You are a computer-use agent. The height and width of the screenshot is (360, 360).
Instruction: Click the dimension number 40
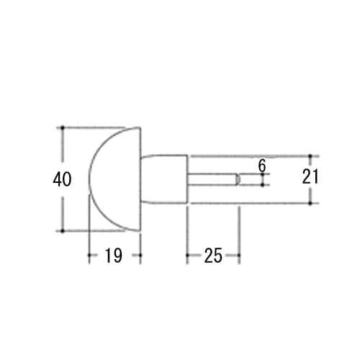[63, 179]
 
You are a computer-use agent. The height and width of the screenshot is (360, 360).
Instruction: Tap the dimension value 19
[114, 255]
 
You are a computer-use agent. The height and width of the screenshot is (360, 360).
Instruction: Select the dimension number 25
[212, 255]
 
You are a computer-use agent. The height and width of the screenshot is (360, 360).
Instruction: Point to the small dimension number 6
[262, 166]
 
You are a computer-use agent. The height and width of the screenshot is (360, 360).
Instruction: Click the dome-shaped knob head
[115, 179]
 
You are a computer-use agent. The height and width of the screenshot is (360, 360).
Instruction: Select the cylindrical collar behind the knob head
[166, 179]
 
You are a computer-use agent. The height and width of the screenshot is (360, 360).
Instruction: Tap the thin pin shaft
[212, 179]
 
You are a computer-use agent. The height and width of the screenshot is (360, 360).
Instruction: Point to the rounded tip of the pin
[238, 179]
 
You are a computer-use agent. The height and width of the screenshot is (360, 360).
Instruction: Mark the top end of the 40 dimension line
[63, 128]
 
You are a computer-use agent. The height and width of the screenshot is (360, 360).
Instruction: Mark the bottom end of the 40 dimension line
[63, 230]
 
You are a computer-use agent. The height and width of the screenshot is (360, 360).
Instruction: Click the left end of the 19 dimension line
[89, 255]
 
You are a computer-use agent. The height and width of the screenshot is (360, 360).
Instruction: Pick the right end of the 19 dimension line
[140, 255]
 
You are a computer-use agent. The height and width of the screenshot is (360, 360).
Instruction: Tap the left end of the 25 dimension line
[188, 255]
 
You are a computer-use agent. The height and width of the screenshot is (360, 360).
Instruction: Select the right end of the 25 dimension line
[239, 255]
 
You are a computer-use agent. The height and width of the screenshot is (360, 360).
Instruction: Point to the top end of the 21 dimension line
[310, 156]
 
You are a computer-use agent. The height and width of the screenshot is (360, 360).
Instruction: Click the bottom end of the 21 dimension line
[310, 204]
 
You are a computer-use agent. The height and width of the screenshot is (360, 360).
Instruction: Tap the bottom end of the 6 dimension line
[262, 185]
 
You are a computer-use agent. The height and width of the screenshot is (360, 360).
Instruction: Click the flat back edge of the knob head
[140, 179]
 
